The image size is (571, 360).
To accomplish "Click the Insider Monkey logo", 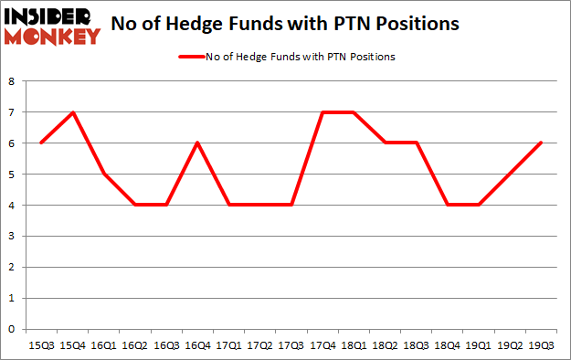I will coord(52,26).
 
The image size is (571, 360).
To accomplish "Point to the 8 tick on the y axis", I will coord(11,81).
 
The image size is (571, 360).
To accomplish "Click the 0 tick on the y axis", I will coord(11,328).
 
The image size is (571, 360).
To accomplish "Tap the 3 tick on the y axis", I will coord(11,236).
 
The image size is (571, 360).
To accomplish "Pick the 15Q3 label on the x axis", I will coord(40,345).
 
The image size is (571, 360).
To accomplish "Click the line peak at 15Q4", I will coord(71,112).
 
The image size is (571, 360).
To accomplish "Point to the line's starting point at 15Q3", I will coord(40,143).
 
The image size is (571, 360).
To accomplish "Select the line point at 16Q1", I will coord(102,174).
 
